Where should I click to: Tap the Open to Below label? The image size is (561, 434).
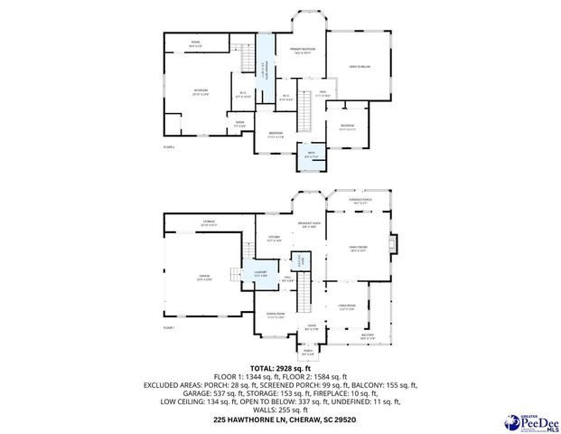tap(360, 66)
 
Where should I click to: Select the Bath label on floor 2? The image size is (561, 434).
tap(311, 155)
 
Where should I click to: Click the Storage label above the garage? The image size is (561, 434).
tap(208, 222)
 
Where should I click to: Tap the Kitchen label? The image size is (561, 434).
tap(275, 240)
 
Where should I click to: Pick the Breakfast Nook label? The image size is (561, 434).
tap(310, 224)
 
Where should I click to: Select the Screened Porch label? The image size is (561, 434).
tap(360, 202)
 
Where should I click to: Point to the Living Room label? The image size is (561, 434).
tap(347, 307)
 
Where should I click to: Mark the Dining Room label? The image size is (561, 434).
tap(276, 316)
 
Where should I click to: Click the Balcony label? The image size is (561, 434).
tap(369, 335)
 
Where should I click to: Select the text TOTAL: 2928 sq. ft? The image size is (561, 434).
tap(280, 367)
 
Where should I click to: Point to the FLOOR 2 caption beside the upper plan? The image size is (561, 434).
tap(168, 146)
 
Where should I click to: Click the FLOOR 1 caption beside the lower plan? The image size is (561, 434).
tap(168, 327)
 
